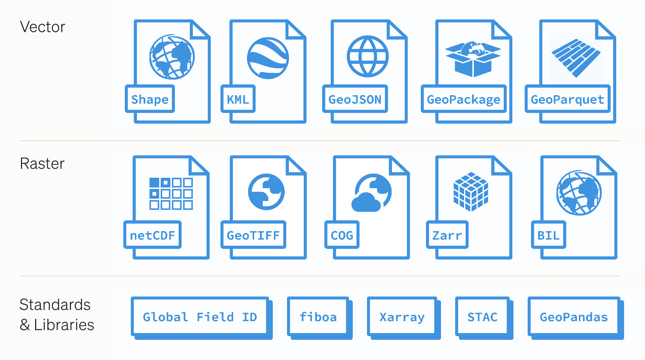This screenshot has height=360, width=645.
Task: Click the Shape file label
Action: (x=150, y=99)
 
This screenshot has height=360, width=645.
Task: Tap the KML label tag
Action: (x=238, y=99)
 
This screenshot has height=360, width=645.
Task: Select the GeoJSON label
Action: (x=355, y=99)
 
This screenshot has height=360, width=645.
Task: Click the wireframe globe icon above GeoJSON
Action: (x=368, y=56)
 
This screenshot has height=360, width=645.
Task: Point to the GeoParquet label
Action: (x=567, y=99)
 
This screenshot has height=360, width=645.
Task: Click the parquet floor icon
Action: (x=576, y=58)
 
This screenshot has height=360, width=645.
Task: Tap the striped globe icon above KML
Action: (x=268, y=58)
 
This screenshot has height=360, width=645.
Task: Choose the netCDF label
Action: (x=152, y=235)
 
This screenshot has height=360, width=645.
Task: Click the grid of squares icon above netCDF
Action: (x=171, y=193)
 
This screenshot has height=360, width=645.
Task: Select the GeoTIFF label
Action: (x=253, y=235)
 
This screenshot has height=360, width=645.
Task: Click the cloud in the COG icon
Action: (x=366, y=203)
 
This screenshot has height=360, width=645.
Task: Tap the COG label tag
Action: (x=342, y=235)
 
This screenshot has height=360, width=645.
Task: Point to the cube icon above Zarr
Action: (x=471, y=192)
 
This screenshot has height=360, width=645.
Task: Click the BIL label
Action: (x=548, y=235)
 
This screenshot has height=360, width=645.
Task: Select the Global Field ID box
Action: (x=200, y=317)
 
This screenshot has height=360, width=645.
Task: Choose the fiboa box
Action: (x=318, y=317)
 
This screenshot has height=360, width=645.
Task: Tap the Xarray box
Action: (x=402, y=317)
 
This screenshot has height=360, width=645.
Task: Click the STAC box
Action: (x=482, y=317)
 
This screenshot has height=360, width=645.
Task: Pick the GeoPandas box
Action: (x=574, y=317)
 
